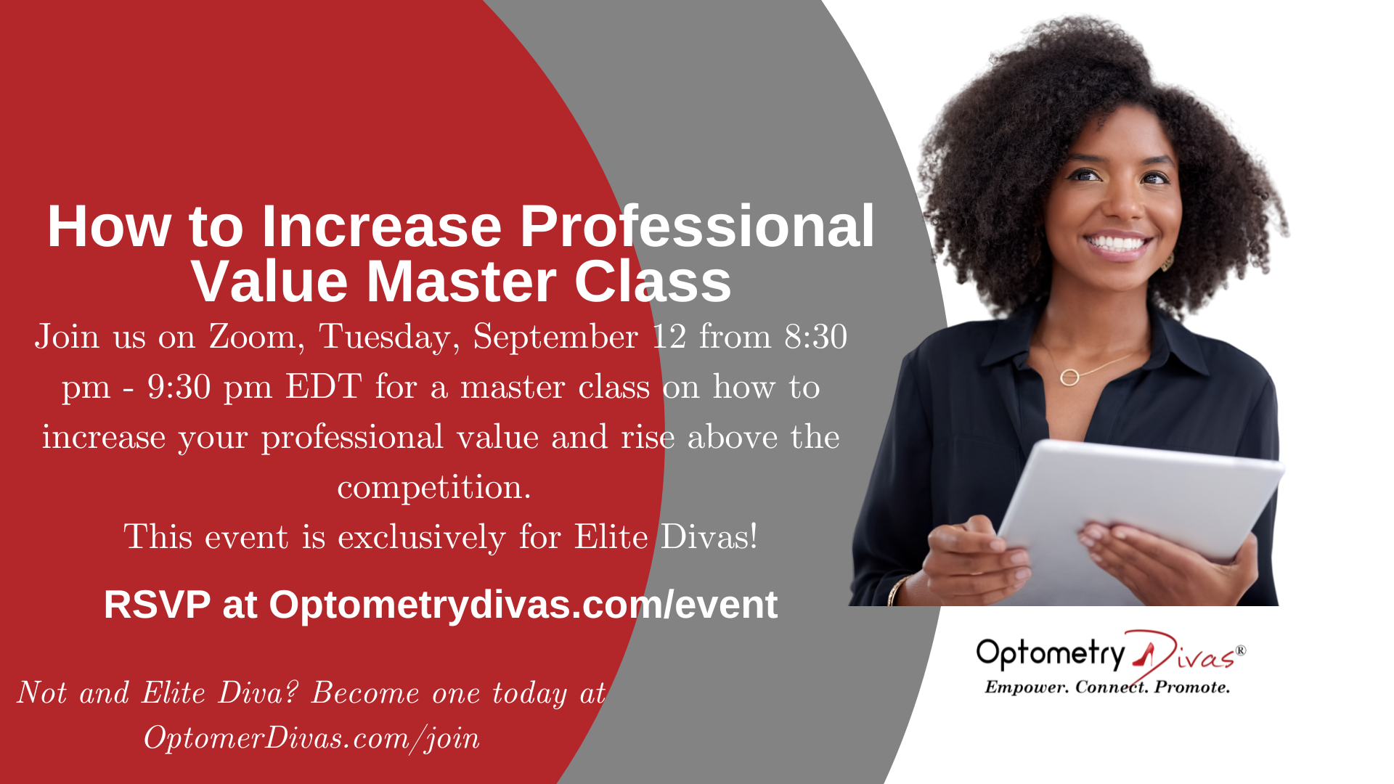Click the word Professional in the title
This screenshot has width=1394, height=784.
(697, 226)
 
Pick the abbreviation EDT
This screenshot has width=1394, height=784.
(323, 387)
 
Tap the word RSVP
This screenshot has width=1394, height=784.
(157, 605)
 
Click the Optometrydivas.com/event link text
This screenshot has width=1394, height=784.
(523, 605)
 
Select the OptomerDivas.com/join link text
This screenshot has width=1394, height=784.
(311, 739)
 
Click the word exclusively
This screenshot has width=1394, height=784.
(421, 538)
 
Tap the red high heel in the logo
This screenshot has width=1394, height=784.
(1144, 654)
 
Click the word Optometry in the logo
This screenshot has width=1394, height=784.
(1050, 654)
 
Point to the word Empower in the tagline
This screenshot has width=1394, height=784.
(1026, 687)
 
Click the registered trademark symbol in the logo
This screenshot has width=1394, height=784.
(1240, 650)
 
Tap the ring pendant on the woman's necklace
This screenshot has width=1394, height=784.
(1069, 377)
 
